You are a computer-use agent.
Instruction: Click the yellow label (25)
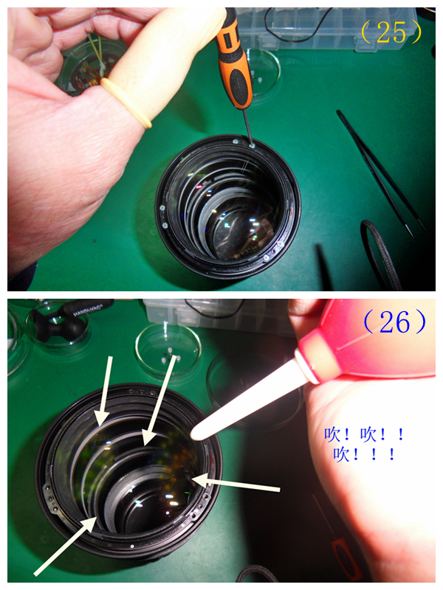coord(392,32)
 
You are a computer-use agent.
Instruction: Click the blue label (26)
coord(395,322)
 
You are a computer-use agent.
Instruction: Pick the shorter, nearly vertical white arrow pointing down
coord(105,392)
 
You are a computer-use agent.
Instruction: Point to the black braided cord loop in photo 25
coord(380,251)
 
